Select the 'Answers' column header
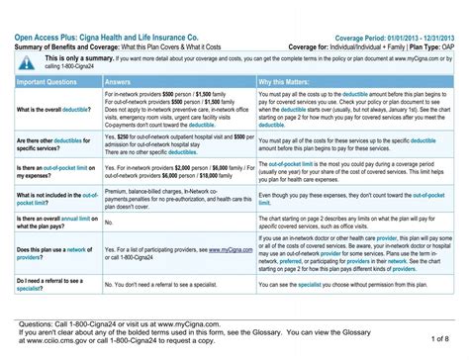124,82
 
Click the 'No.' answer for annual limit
108,223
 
